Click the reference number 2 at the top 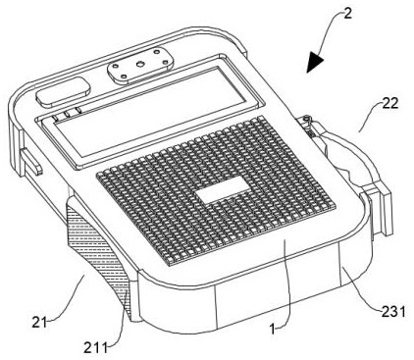coord(348,14)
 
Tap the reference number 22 coord(390,104)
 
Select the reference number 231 coord(393,312)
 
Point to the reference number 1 coord(273,329)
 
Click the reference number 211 coord(95,348)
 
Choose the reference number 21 coord(39,323)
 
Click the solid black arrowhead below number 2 coord(315,62)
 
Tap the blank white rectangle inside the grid coord(223,189)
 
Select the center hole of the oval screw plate coord(140,65)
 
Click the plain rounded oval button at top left coord(64,91)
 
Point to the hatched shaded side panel coord(97,252)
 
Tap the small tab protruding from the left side coord(31,162)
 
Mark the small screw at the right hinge coord(306,118)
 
